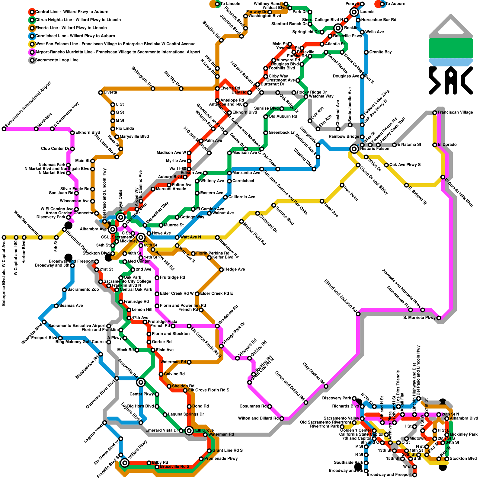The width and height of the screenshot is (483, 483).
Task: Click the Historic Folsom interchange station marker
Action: coord(354,149)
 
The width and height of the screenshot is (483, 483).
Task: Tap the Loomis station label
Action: coord(367,12)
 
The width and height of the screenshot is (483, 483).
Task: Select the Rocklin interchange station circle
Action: coord(338,28)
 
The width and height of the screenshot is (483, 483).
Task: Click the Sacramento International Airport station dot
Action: coord(4,129)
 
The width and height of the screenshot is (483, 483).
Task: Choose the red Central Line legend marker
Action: coord(32,12)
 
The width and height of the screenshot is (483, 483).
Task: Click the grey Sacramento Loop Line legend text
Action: coord(57,60)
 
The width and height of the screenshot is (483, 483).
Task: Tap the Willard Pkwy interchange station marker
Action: coord(125,463)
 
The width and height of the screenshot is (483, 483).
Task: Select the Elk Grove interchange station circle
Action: coord(189,430)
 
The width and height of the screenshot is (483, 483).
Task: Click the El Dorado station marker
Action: coord(435,145)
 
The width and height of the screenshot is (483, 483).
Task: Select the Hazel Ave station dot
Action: coord(322,201)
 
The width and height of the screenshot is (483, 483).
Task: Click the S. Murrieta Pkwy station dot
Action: coord(439,318)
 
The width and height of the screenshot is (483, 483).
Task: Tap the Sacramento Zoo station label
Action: coord(83,289)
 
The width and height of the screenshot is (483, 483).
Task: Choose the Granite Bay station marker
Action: coord(366,52)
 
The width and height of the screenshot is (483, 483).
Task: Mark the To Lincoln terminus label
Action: coord(230,4)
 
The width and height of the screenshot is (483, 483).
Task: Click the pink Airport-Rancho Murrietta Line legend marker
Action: coord(32,52)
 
